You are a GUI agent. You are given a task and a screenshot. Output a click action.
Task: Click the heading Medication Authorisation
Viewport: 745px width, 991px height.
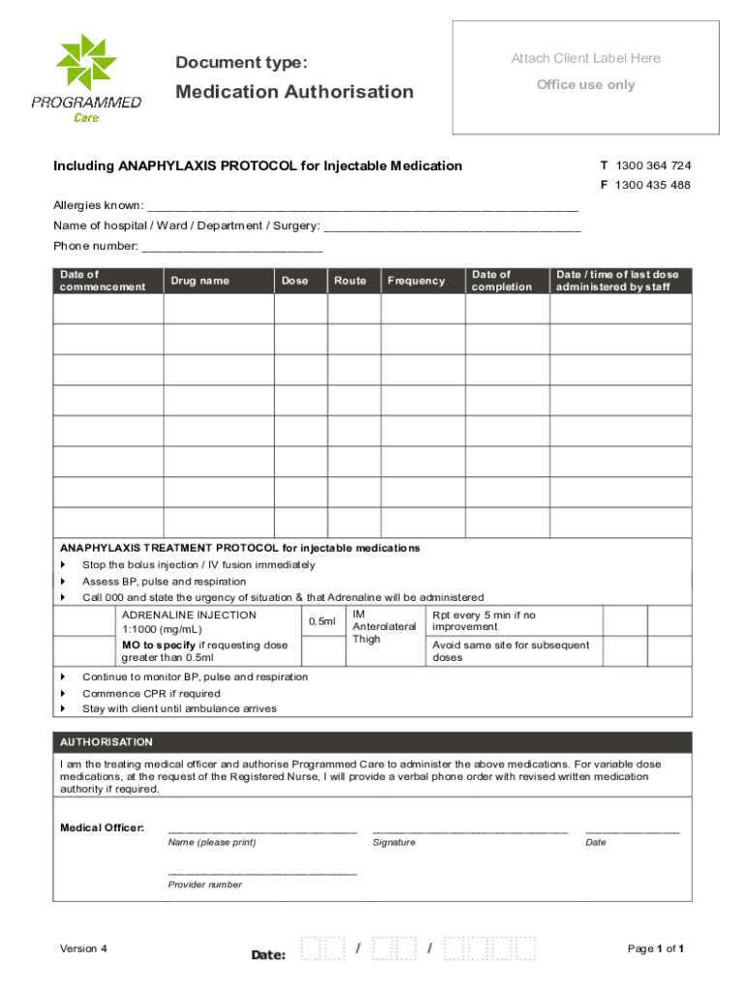[294, 92]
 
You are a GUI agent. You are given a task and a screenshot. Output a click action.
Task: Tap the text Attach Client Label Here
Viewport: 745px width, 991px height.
[585, 58]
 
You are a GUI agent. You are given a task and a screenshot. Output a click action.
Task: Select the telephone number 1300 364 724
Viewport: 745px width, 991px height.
[652, 165]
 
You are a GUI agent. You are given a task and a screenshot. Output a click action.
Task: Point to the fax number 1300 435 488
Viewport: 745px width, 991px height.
[652, 185]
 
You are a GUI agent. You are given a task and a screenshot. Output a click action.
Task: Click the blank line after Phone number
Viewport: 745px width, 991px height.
[232, 248]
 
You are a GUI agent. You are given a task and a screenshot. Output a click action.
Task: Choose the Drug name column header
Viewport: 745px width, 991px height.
[200, 281]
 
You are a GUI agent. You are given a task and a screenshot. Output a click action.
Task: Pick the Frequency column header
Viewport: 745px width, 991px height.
[416, 281]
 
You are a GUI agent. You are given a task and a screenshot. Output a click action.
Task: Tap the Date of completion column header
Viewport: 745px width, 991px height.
[501, 281]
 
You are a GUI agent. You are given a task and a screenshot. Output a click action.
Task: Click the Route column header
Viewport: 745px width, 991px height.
[350, 281]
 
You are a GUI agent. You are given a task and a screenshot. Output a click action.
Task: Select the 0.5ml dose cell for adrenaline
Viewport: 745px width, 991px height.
[321, 621]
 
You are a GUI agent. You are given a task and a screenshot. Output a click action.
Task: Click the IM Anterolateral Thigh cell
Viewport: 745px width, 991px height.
[384, 627]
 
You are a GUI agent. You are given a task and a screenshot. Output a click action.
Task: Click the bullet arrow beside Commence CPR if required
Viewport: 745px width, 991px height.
[64, 694]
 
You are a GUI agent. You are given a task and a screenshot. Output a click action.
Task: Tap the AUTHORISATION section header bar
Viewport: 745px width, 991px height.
[372, 742]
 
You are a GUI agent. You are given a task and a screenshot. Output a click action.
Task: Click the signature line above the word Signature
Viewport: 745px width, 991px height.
[469, 831]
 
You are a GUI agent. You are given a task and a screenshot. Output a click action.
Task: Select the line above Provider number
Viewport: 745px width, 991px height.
[261, 874]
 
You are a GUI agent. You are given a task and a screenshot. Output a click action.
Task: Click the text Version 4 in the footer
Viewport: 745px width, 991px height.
[83, 948]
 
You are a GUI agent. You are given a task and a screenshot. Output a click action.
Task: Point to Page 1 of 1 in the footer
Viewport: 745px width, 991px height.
[656, 948]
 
